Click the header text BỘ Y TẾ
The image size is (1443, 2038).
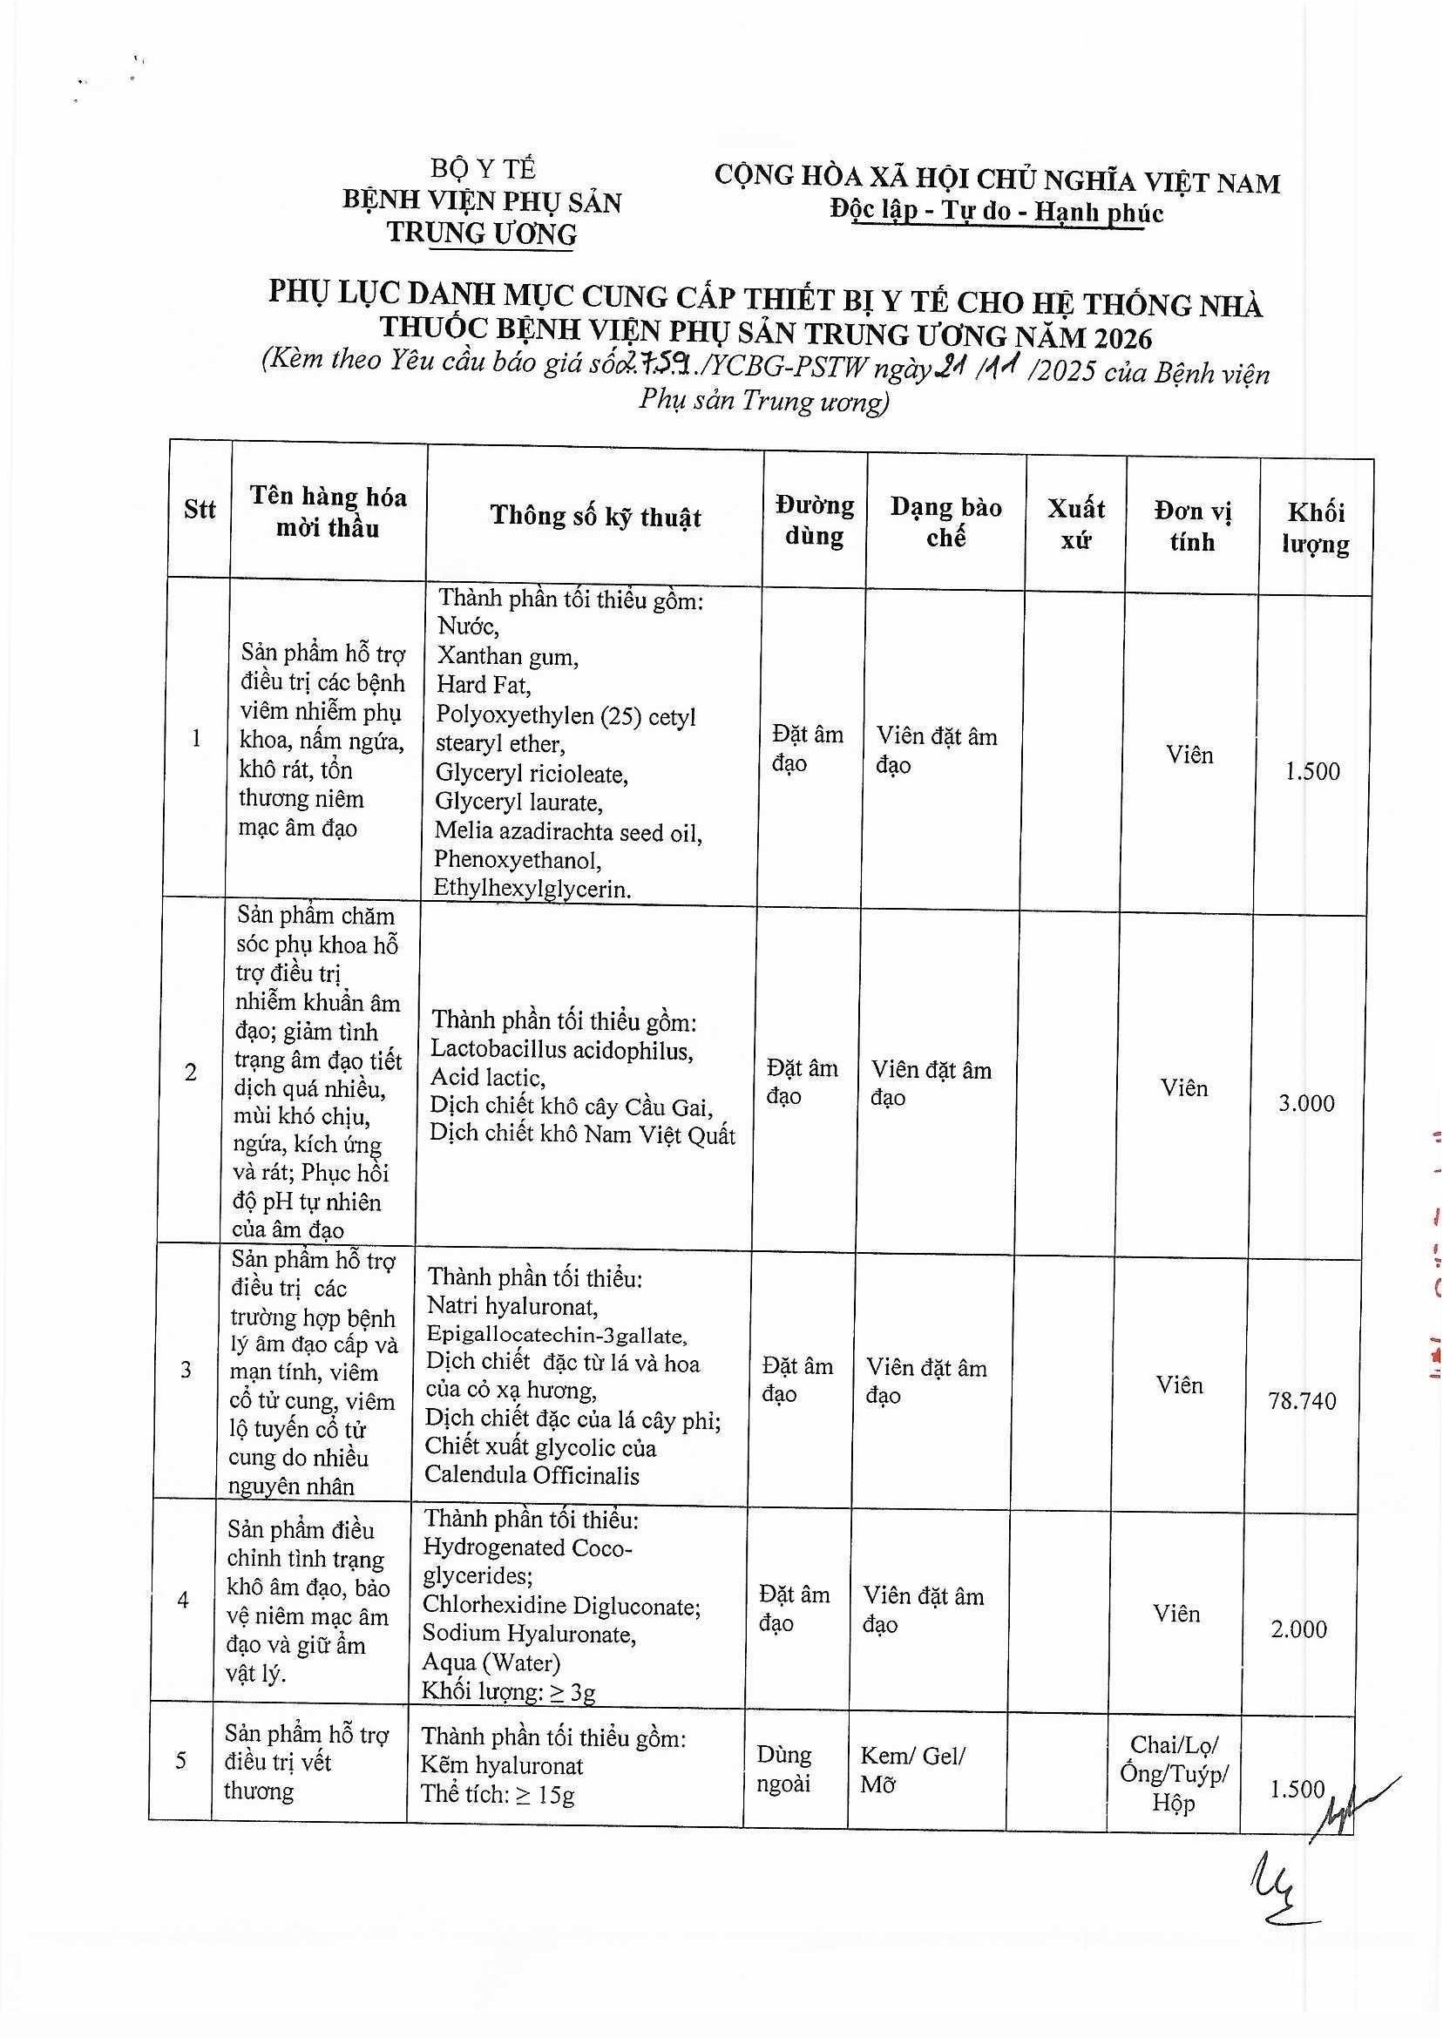point(483,169)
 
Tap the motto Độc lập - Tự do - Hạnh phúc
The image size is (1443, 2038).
point(996,212)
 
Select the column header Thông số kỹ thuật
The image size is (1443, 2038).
point(595,516)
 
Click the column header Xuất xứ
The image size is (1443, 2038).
point(1075,524)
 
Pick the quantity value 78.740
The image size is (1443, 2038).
point(1302,1401)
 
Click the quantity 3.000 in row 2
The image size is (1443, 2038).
point(1306,1103)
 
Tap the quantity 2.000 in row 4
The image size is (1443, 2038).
point(1298,1629)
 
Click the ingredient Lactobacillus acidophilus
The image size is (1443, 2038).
point(561,1051)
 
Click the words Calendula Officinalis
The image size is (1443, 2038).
point(532,1476)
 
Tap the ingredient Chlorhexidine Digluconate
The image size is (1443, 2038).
point(561,1605)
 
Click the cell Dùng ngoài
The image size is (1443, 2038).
point(783,1769)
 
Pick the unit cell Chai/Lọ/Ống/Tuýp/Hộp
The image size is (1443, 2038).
point(1174,1774)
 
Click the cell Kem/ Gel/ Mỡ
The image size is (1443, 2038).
point(912,1769)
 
